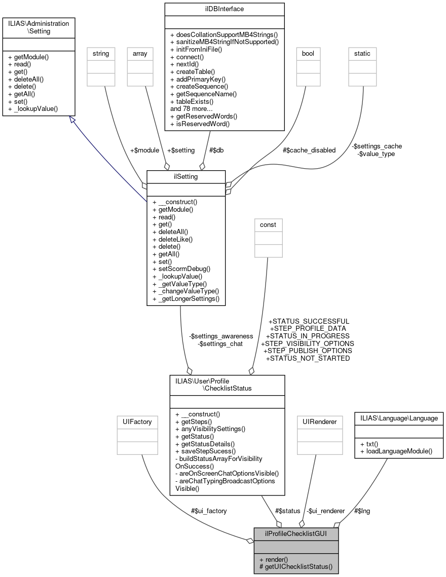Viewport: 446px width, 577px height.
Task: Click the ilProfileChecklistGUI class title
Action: pyautogui.click(x=296, y=534)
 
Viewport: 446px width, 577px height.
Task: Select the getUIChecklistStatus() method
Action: pyautogui.click(x=296, y=566)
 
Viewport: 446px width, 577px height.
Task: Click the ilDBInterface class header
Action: pyautogui.click(x=224, y=9)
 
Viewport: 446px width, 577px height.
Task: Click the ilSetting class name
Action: pyautogui.click(x=186, y=176)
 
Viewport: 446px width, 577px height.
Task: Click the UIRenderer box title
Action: pyautogui.click(x=316, y=421)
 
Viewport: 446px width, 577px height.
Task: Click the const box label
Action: pyautogui.click(x=269, y=224)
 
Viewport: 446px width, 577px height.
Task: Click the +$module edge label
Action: pyautogui.click(x=144, y=150)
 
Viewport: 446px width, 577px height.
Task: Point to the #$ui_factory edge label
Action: pyautogui.click(x=209, y=511)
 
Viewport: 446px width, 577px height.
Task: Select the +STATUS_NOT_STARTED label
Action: pyautogui.click(x=308, y=358)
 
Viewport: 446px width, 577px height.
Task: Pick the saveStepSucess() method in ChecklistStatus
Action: pyautogui.click(x=205, y=451)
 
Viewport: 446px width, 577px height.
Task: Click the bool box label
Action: pyautogui.click(x=308, y=53)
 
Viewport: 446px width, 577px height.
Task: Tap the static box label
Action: pyautogui.click(x=362, y=53)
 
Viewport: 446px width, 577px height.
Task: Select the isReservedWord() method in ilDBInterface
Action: pyautogui.click(x=200, y=123)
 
